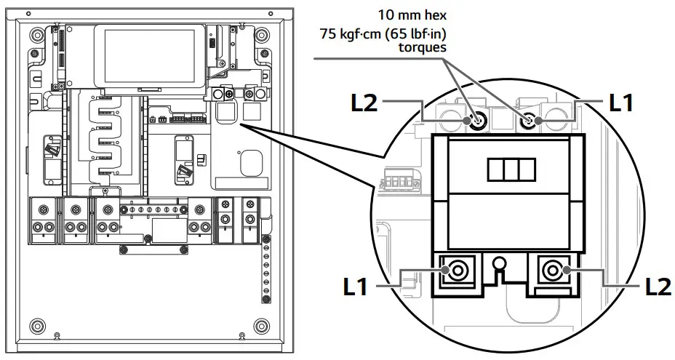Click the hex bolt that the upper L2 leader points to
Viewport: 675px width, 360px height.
tap(478, 121)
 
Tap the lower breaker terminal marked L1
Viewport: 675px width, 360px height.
tap(457, 272)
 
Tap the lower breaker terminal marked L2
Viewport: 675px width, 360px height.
tap(552, 272)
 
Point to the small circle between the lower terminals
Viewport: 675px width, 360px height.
tap(498, 263)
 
